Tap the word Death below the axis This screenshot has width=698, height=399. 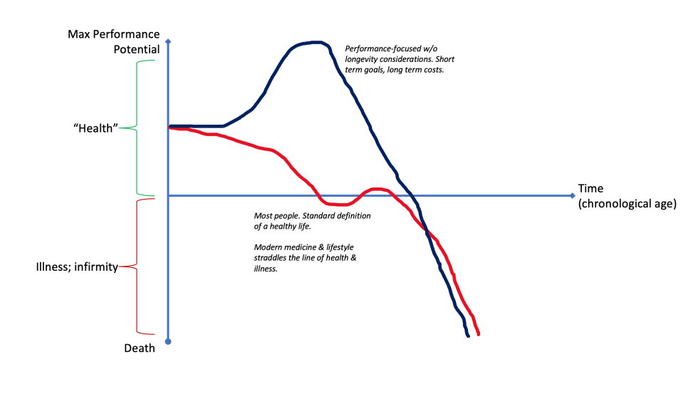139,348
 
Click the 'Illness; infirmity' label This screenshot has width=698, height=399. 76,267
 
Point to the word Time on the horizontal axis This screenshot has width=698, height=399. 590,189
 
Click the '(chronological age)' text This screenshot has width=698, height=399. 627,204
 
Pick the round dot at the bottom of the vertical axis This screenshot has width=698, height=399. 168,342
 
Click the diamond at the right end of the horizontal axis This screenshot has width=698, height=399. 572,195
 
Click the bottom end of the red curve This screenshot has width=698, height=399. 478,333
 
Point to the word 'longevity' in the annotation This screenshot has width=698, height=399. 363,59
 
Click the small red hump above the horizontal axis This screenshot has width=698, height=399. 376,190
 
